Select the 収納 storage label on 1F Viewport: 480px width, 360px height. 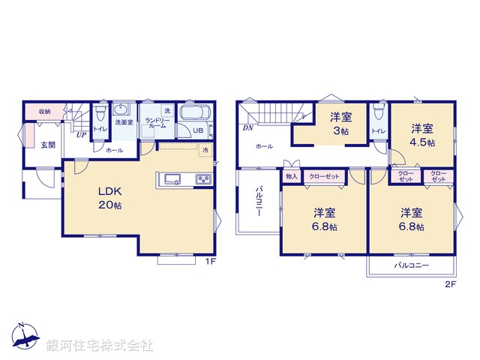[x=45, y=112]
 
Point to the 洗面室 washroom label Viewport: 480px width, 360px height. [x=123, y=121]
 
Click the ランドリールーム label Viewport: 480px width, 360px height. [x=156, y=124]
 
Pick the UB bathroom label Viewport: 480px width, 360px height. [x=198, y=130]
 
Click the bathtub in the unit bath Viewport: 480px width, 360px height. [x=197, y=115]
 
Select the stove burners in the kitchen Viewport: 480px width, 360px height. [x=202, y=179]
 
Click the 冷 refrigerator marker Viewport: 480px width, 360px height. [x=205, y=151]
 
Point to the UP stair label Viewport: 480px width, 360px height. [x=79, y=135]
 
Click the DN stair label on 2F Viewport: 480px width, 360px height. [x=247, y=128]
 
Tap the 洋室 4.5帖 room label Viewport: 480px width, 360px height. [x=422, y=134]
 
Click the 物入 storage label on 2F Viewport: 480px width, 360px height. [x=291, y=176]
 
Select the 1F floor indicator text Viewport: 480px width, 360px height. [x=211, y=262]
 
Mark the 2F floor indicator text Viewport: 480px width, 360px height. [x=450, y=284]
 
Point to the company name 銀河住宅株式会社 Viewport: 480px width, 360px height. [x=100, y=346]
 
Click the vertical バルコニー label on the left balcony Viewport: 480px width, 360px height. [x=257, y=200]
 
